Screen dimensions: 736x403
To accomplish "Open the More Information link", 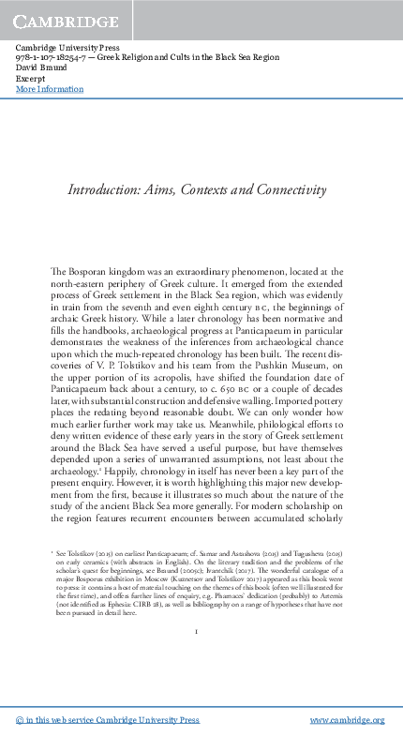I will click(x=50, y=90).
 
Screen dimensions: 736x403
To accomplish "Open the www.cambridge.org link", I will click(x=347, y=720).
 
